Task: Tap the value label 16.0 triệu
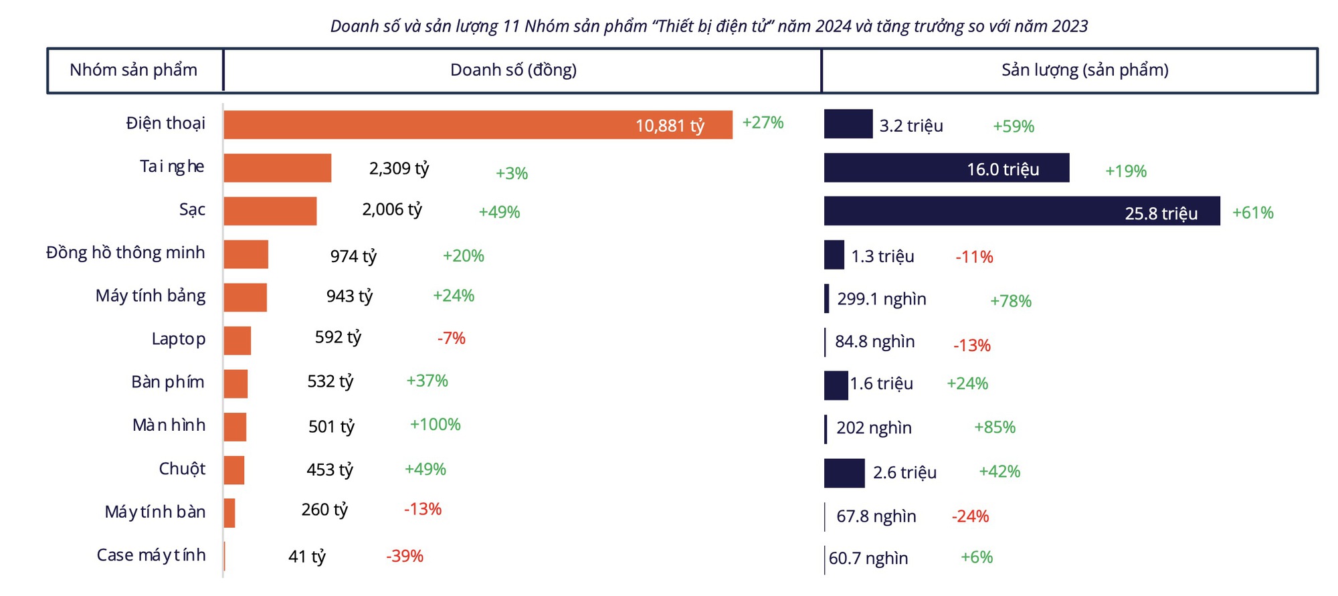pos(1003,169)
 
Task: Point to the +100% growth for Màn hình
pos(435,425)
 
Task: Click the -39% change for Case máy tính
pos(405,557)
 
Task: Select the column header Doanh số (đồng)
pos(513,70)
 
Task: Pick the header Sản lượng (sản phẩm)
pos(1084,70)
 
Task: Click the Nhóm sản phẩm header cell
pos(134,70)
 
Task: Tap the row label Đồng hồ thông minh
pos(126,253)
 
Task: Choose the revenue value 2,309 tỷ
pos(399,169)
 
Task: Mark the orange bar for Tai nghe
pos(277,168)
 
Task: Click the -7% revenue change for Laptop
pos(451,338)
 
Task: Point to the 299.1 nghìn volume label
pos(882,299)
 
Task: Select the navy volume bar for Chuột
pos(844,474)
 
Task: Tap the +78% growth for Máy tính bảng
pos(1010,301)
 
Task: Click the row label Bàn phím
pos(168,382)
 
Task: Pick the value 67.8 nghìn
pos(876,516)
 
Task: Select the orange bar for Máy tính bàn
pos(229,513)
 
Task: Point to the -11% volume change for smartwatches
pos(974,257)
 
